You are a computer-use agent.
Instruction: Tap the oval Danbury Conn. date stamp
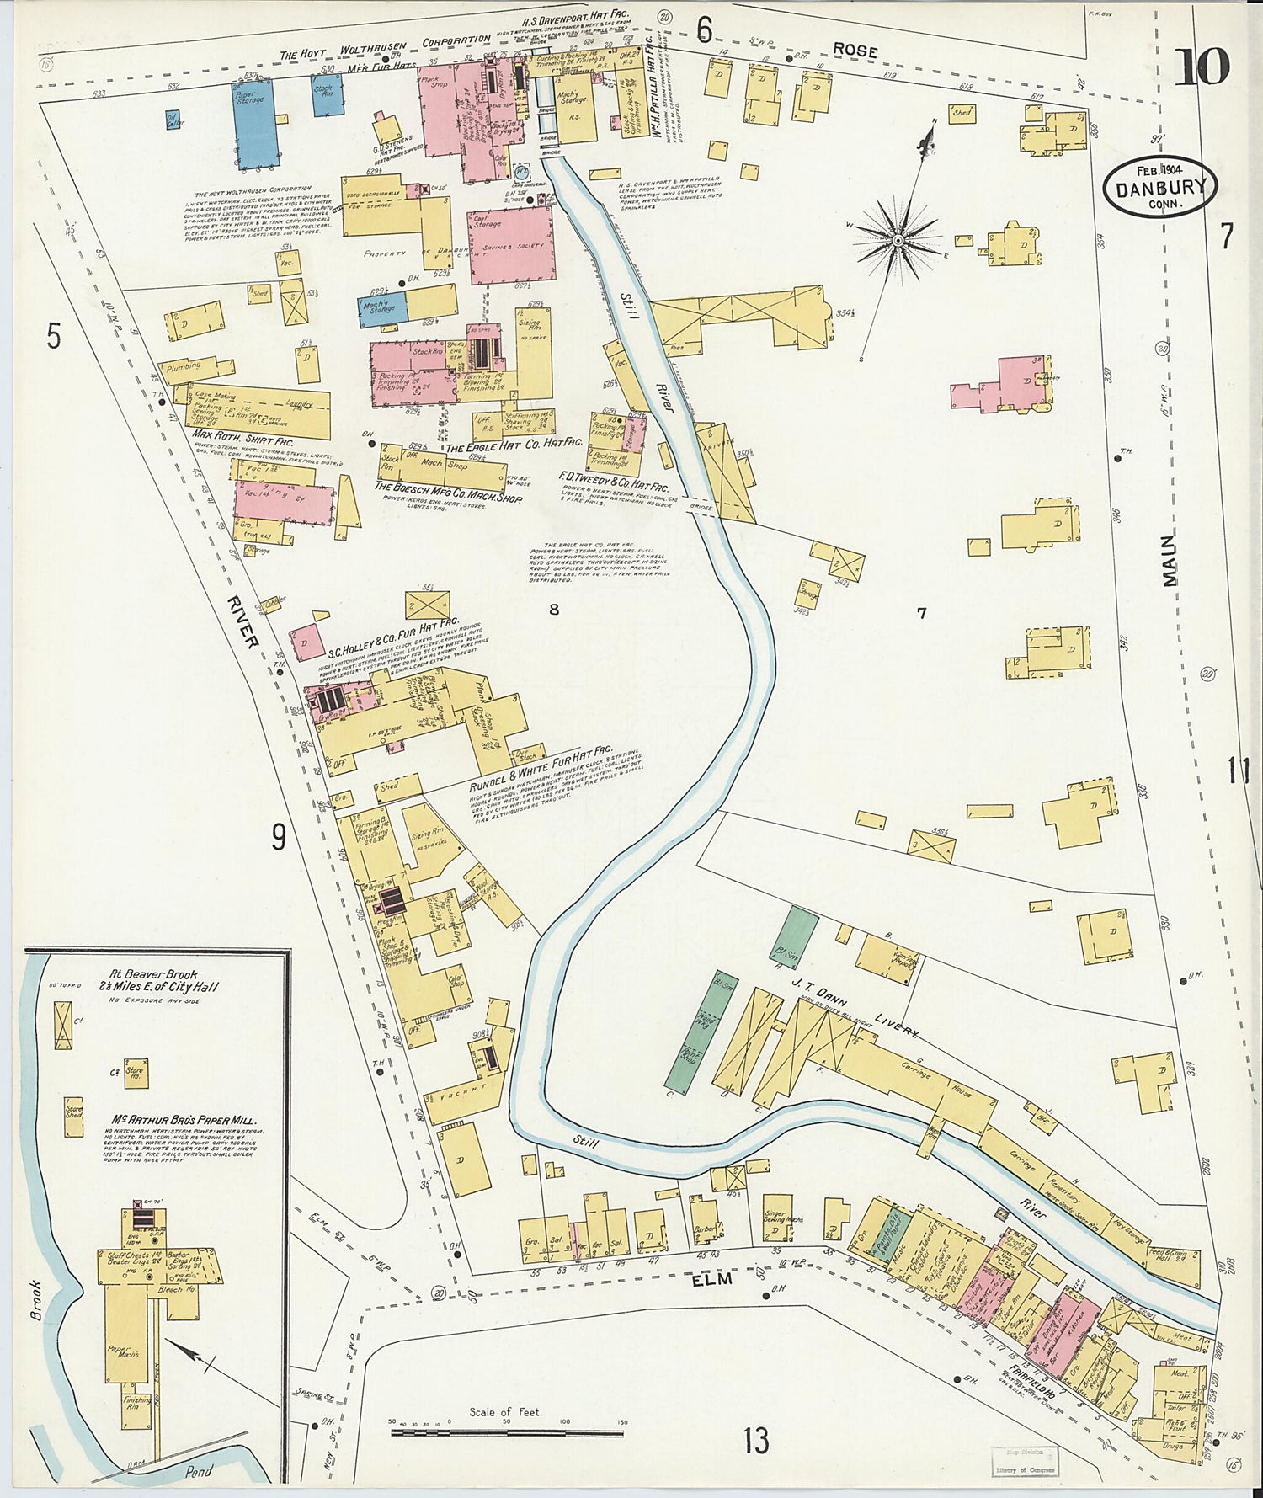tap(1160, 188)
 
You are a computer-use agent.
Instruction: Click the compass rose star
tap(898, 240)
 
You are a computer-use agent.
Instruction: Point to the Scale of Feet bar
tap(505, 1431)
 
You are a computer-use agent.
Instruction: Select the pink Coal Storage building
tap(512, 243)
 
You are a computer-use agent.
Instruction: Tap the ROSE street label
tap(855, 51)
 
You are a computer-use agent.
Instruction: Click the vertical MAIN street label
tap(1171, 562)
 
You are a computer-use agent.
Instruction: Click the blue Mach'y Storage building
tap(383, 308)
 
